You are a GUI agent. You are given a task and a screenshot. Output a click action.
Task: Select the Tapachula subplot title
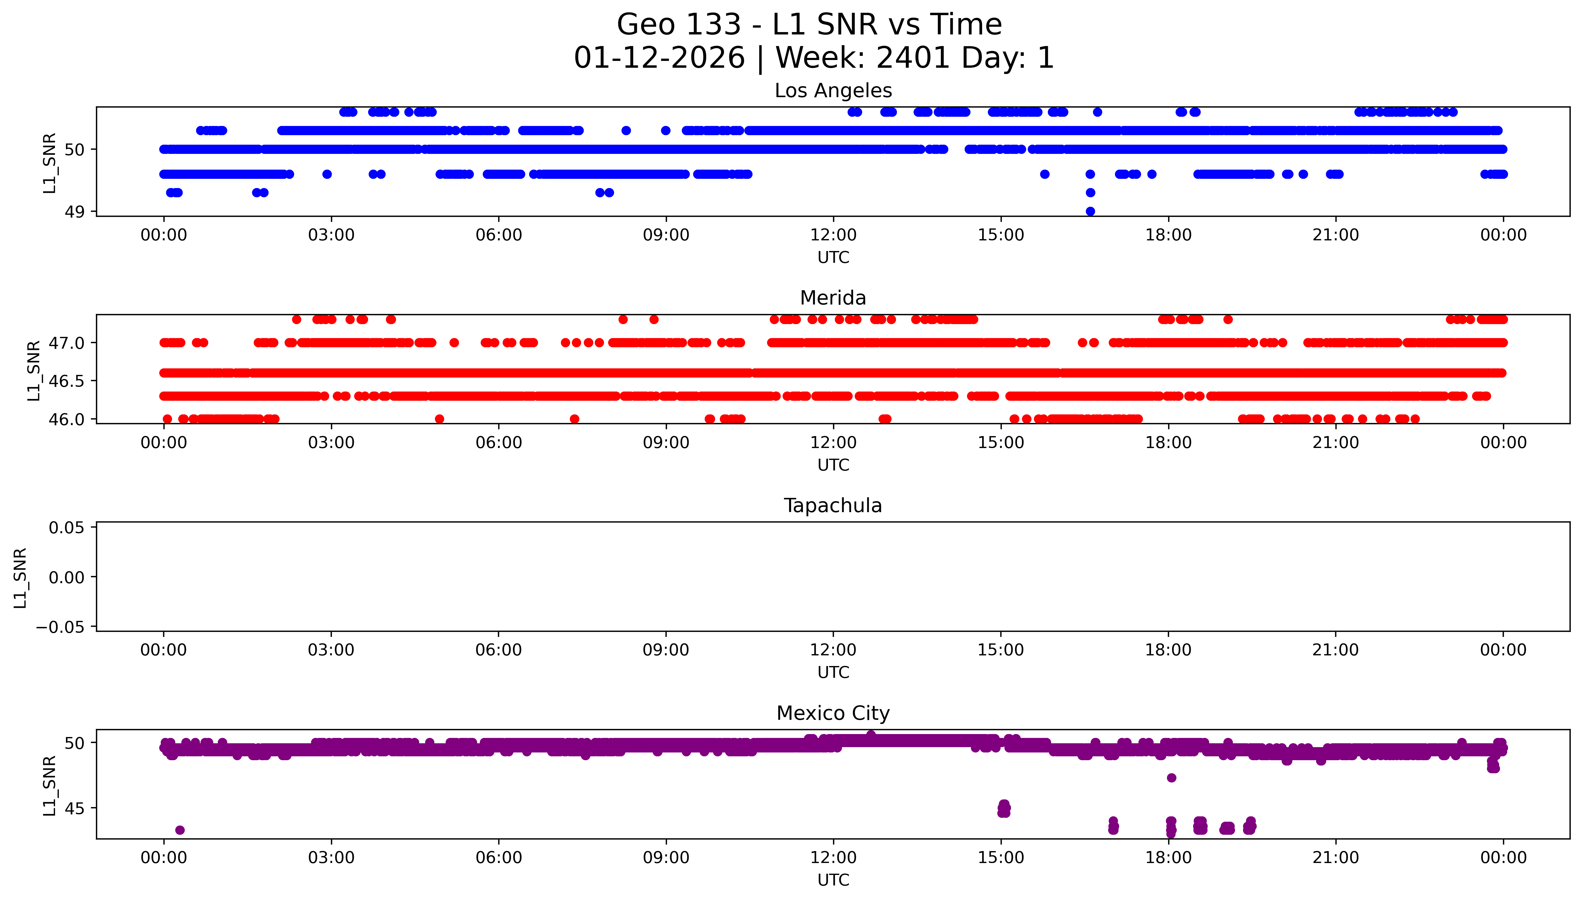pos(833,506)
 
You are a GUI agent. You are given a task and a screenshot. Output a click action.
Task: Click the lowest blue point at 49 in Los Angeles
pos(1090,211)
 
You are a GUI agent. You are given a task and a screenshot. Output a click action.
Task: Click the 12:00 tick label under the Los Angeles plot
pos(833,235)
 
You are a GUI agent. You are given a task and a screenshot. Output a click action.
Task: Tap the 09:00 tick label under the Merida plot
pos(666,442)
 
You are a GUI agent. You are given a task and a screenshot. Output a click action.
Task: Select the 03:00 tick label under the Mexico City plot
pos(331,858)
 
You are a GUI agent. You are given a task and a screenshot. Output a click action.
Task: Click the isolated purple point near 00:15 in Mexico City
pos(179,830)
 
